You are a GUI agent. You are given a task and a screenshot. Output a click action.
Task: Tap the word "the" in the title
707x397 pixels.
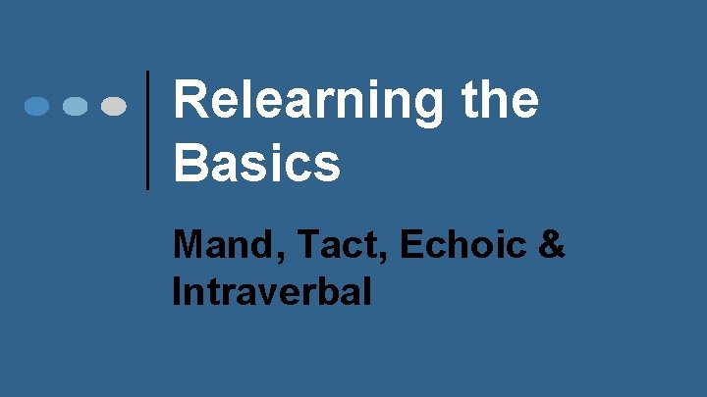[x=498, y=102]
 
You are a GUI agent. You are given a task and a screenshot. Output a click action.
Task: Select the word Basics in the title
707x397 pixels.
[x=256, y=163]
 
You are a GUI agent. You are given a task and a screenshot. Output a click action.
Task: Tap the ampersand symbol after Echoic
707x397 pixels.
[x=552, y=245]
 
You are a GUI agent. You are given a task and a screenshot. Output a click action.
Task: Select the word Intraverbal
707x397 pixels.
[x=271, y=292]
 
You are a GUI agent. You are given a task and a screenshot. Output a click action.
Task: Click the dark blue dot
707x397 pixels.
[x=37, y=106]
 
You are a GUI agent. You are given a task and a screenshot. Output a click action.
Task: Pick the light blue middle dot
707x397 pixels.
[x=76, y=106]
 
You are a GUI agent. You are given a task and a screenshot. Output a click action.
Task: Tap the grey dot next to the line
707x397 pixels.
[x=114, y=106]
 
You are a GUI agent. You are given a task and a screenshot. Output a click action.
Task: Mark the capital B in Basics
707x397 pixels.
[x=190, y=163]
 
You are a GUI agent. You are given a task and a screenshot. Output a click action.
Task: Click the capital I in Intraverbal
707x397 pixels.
[x=177, y=292]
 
